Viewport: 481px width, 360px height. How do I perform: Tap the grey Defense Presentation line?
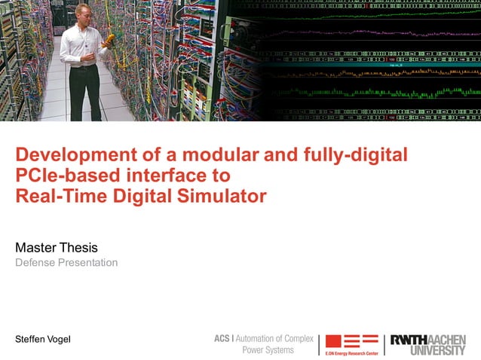[x=66, y=263]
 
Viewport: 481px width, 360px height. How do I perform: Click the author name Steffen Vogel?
[x=43, y=340]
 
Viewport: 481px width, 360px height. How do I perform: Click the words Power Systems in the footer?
[x=268, y=350]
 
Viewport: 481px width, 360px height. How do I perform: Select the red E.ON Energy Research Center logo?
[x=351, y=343]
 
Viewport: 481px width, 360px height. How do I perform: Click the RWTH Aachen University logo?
[x=427, y=344]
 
